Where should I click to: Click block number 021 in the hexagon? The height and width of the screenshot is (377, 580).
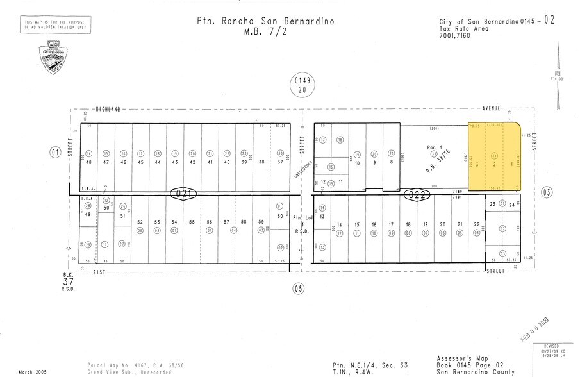(x=183, y=192)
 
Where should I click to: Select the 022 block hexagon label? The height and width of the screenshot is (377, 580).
(x=416, y=196)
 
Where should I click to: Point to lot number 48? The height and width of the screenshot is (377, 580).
(x=88, y=163)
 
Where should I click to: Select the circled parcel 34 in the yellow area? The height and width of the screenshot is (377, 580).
(x=494, y=156)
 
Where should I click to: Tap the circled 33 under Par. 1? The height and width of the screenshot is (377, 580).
(x=434, y=154)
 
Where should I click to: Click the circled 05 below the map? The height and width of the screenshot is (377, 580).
(x=298, y=289)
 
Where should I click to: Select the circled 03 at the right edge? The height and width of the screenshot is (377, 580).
(x=547, y=192)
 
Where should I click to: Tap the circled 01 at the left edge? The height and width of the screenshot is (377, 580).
(x=54, y=152)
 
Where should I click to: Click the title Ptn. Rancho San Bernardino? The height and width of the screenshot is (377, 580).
(x=266, y=21)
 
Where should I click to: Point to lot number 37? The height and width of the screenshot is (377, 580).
(x=280, y=162)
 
